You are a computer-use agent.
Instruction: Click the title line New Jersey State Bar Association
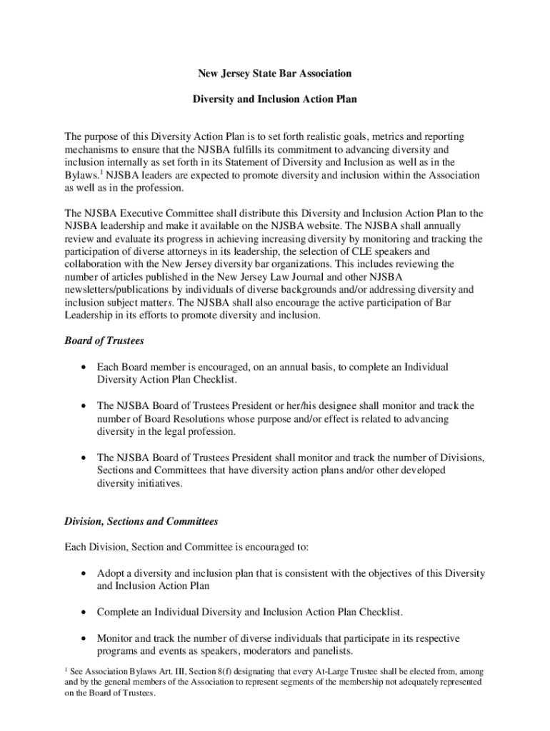click(275, 74)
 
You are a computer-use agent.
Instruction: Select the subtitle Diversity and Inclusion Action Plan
click(275, 100)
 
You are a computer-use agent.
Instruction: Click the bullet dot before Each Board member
click(85, 368)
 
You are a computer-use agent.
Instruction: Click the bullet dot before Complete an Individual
click(85, 613)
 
